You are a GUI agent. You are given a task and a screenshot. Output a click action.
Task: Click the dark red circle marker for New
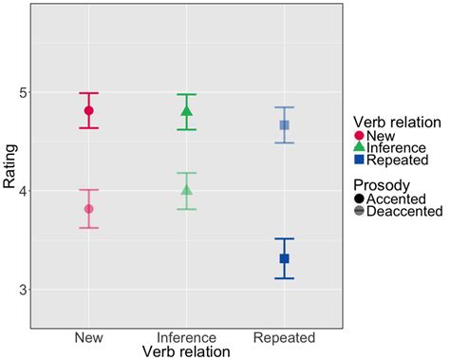(89, 110)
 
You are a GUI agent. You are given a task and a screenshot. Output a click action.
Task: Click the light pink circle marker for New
(89, 209)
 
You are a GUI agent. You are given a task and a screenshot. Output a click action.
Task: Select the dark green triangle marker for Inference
(187, 111)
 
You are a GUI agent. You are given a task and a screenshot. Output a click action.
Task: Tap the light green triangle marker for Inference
(187, 190)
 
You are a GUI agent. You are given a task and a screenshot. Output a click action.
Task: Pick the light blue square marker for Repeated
(284, 125)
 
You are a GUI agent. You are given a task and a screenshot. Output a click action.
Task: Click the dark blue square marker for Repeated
(284, 258)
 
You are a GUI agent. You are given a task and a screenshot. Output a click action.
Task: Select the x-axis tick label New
(89, 337)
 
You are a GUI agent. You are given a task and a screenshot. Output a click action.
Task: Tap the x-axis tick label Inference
(187, 337)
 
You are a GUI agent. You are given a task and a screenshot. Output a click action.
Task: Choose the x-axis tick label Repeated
(284, 337)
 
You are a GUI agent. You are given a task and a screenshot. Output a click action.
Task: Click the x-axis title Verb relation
(187, 351)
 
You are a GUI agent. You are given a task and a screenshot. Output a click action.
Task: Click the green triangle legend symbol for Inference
(360, 147)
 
